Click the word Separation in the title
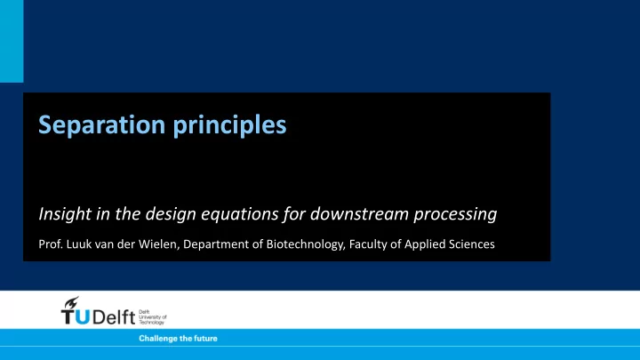[x=101, y=124]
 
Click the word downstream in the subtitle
[x=359, y=213]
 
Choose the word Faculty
[x=368, y=245]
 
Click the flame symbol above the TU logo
[x=71, y=302]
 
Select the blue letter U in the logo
[x=83, y=317]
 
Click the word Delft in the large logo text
[x=114, y=316]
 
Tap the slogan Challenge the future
[x=178, y=339]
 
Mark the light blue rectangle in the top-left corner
[x=12, y=41]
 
